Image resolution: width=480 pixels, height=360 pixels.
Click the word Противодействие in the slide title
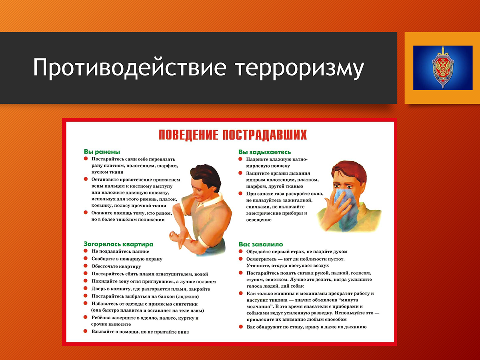(130, 67)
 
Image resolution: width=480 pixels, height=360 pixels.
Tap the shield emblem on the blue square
(443, 67)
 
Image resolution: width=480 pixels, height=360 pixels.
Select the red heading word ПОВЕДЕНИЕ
(188, 135)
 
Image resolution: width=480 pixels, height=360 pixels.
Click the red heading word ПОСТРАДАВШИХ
(265, 135)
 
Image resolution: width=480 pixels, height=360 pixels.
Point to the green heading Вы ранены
(102, 152)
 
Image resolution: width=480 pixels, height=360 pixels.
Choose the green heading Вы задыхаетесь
(265, 152)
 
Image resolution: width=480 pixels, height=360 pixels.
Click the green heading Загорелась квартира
(118, 244)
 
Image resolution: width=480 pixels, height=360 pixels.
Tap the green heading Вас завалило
(261, 244)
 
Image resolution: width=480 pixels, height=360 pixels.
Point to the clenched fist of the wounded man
(174, 236)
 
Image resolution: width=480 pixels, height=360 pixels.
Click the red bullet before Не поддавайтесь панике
(86, 251)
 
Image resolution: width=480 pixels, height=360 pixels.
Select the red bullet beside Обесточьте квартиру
(86, 266)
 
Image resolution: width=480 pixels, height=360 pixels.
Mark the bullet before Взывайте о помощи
(86, 331)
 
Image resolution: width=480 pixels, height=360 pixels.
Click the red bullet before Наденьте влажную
(240, 159)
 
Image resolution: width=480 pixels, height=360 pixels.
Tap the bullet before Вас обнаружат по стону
(241, 326)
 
